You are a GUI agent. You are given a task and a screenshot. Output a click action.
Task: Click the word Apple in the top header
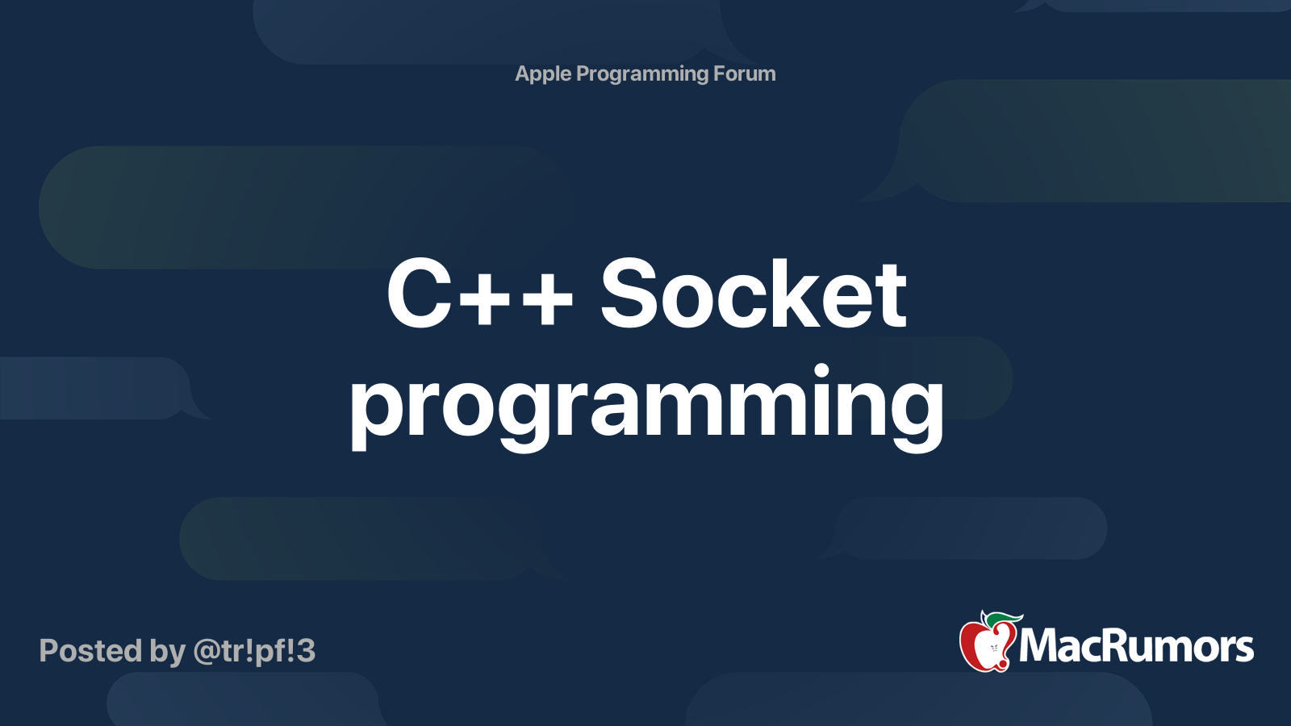[x=543, y=74]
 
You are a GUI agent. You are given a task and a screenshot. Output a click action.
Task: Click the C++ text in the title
[x=479, y=294]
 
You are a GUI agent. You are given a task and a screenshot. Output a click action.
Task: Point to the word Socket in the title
[x=754, y=294]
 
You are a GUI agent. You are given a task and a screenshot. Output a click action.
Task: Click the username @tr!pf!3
[x=254, y=651]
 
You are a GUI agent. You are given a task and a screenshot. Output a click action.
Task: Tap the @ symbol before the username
[x=206, y=651]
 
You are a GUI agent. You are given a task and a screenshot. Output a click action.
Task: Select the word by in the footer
[x=167, y=651]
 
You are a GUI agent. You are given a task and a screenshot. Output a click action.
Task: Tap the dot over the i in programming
[x=821, y=370]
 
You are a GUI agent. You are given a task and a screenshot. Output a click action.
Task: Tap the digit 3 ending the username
[x=306, y=651]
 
